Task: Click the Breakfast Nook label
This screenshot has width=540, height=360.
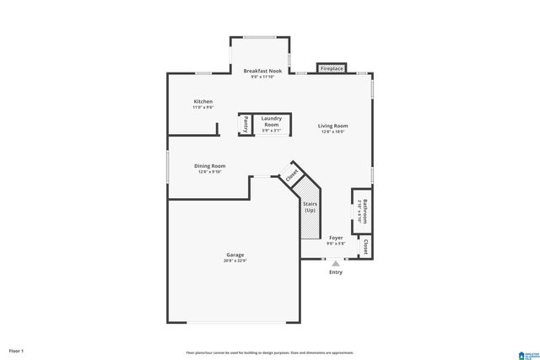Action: pos(262,71)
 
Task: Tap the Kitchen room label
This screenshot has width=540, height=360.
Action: pos(202,101)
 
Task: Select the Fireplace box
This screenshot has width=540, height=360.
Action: pos(331,68)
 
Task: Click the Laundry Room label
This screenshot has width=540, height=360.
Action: pos(271,121)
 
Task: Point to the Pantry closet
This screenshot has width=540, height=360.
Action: pos(246,125)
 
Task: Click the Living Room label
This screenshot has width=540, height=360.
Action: pos(332,126)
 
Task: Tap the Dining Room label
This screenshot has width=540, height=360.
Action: pos(211,166)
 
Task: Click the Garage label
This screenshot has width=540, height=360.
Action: pos(235,255)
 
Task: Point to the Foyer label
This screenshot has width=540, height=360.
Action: pos(336,239)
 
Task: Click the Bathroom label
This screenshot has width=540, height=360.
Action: pos(362,209)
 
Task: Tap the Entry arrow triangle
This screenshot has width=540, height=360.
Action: pos(335,263)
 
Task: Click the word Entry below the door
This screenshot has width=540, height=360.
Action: pos(336,272)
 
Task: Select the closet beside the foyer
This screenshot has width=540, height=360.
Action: pos(365,247)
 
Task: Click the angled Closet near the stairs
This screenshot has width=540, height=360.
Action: pos(292,175)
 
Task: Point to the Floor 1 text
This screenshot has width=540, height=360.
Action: pos(16,350)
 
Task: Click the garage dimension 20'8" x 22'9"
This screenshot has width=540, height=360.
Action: pos(235,261)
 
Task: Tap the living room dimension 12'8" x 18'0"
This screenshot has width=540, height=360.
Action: pos(332,132)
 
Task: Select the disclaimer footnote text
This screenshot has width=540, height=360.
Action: pos(270,352)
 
